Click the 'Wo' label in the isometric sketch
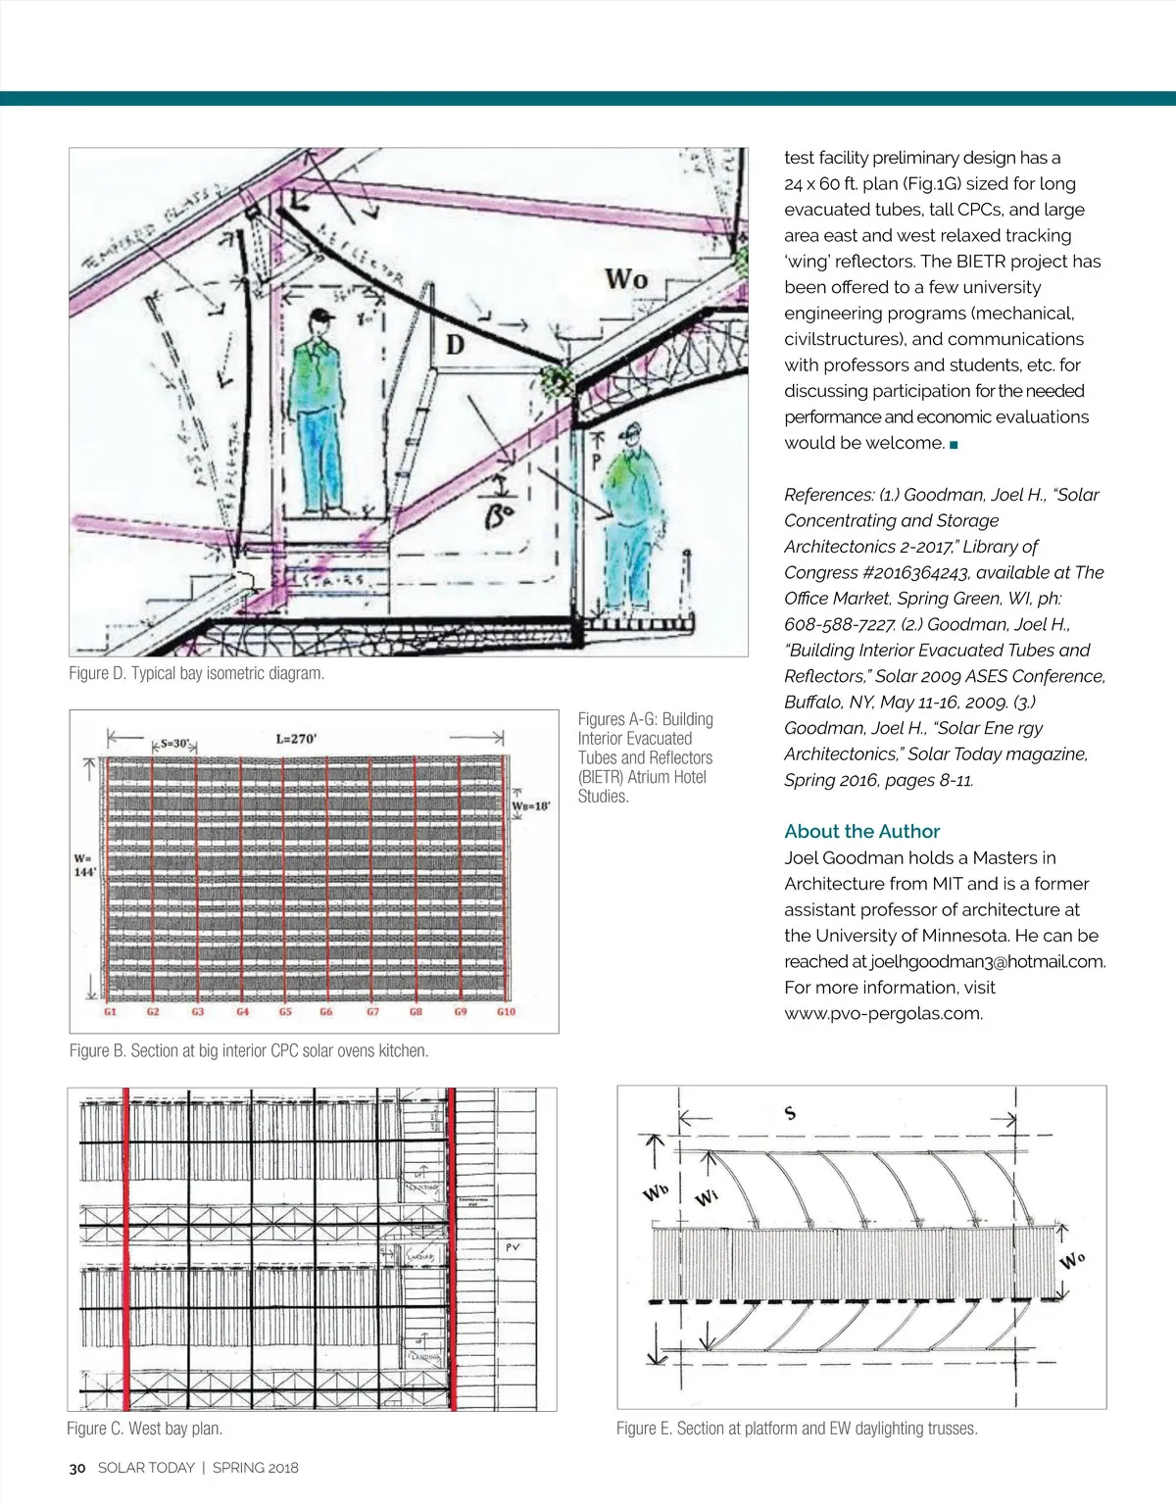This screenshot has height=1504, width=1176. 626,279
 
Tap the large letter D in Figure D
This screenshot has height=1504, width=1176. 456,345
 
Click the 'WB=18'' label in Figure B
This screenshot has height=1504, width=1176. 531,805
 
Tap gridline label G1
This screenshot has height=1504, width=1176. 110,1011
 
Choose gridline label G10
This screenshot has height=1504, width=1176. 506,1011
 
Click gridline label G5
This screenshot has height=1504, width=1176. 285,1011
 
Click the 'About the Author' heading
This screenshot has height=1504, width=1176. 861,831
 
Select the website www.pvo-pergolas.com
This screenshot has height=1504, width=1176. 883,1013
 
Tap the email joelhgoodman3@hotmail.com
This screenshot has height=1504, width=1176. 988,961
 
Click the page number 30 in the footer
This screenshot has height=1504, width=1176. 77,1468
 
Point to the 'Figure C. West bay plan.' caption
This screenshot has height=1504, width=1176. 145,1429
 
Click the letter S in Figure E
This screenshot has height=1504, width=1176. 790,1113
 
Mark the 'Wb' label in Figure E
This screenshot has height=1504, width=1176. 656,1192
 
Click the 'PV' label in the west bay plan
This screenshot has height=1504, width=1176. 513,1248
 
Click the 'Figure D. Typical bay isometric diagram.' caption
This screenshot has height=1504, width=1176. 197,673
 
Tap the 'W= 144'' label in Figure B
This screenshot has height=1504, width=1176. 84,865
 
